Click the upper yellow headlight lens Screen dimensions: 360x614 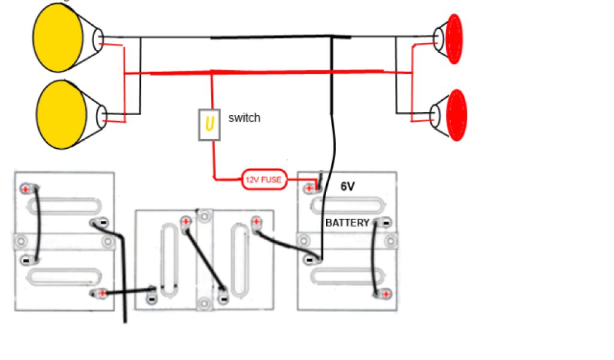[58, 38]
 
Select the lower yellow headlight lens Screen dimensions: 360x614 [61, 114]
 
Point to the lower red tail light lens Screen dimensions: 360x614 [456, 115]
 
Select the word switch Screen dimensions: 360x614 [244, 118]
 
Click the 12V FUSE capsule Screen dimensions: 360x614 [264, 179]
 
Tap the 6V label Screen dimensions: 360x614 [347, 187]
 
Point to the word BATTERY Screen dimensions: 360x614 [347, 223]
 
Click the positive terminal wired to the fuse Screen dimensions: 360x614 [310, 188]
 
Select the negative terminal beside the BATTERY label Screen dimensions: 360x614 [383, 223]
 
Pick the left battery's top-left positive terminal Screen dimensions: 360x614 [26, 188]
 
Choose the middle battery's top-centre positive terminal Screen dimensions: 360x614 [185, 221]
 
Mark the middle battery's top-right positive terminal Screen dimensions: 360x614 [257, 222]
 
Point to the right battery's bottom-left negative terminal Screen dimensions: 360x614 [311, 260]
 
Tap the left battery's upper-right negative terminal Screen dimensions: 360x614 [99, 223]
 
